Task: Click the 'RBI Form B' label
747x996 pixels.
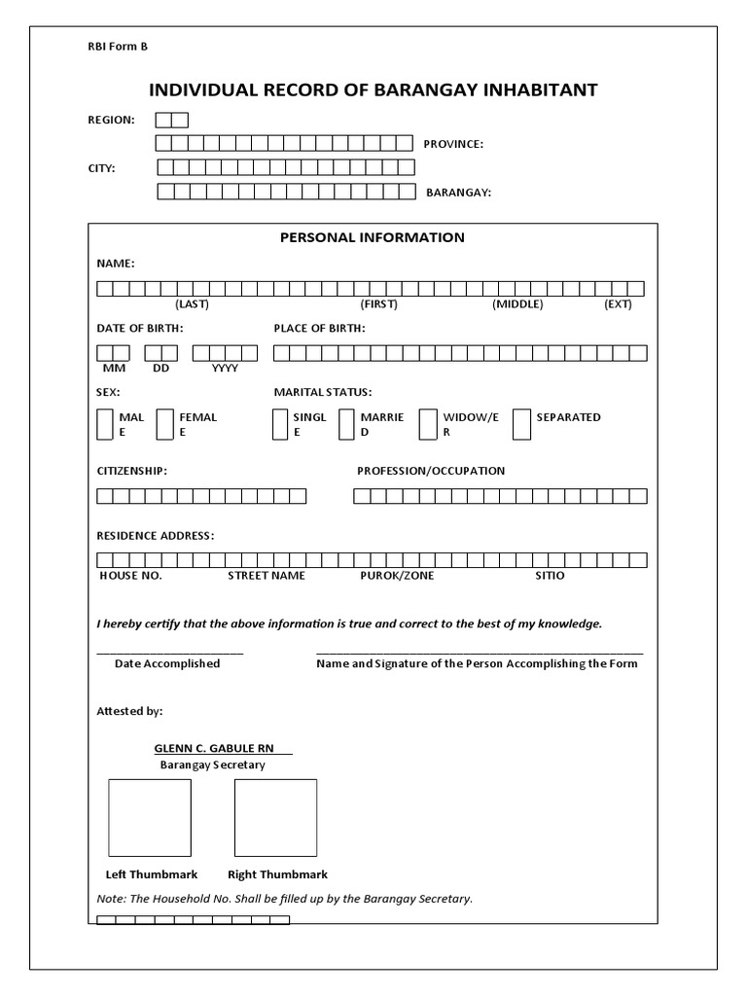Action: [x=118, y=46]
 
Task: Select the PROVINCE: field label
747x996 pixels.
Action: [x=453, y=144]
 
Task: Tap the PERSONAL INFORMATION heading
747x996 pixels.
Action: [x=373, y=237]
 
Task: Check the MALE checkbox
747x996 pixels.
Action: [x=105, y=424]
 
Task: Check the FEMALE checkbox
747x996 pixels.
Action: [x=164, y=424]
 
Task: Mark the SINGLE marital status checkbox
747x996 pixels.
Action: [x=282, y=424]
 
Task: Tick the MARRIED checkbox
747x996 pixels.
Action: [x=346, y=424]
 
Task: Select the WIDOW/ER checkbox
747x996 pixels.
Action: [x=428, y=424]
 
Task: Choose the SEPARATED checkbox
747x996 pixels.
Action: [x=521, y=424]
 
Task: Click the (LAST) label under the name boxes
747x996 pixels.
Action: [x=192, y=304]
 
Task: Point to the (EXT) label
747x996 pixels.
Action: [x=618, y=304]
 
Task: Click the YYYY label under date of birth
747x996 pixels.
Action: [x=225, y=369]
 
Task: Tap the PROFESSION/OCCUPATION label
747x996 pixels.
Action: [x=431, y=471]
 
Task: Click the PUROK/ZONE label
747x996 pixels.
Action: [x=397, y=576]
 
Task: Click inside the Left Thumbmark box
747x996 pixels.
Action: [x=149, y=817]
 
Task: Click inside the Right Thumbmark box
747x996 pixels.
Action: [x=275, y=817]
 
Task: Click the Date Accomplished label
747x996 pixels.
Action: [x=167, y=663]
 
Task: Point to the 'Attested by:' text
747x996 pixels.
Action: [x=129, y=711]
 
